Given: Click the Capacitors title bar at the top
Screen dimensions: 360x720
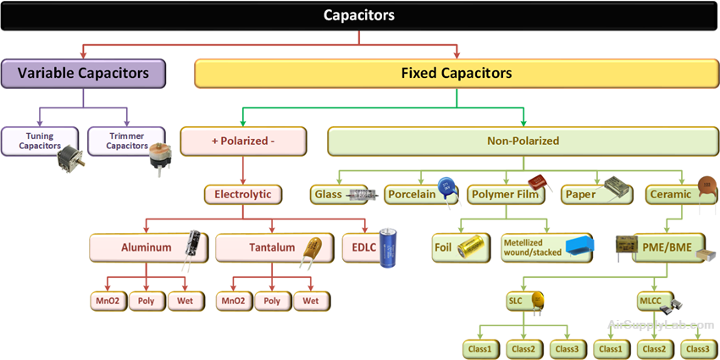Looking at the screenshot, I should pos(359,15).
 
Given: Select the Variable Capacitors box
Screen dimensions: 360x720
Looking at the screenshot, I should pos(83,74).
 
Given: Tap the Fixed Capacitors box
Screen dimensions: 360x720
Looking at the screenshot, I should pos(456,74).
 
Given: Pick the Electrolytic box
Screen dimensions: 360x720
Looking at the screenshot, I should pos(242,195).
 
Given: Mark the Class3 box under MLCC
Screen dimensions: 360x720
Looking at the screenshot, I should pos(697,348).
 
